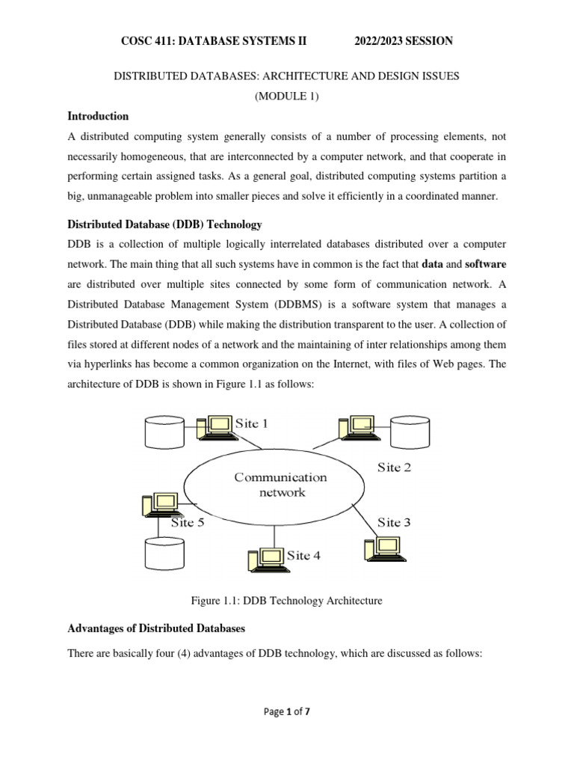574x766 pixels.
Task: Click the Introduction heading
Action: point(98,117)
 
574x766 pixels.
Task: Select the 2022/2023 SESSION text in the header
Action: point(404,41)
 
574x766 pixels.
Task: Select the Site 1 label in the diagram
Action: point(252,423)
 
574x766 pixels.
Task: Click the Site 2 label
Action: point(393,468)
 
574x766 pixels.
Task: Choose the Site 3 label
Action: point(393,522)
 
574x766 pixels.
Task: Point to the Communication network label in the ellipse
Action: point(280,484)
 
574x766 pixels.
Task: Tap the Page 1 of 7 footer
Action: point(286,733)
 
